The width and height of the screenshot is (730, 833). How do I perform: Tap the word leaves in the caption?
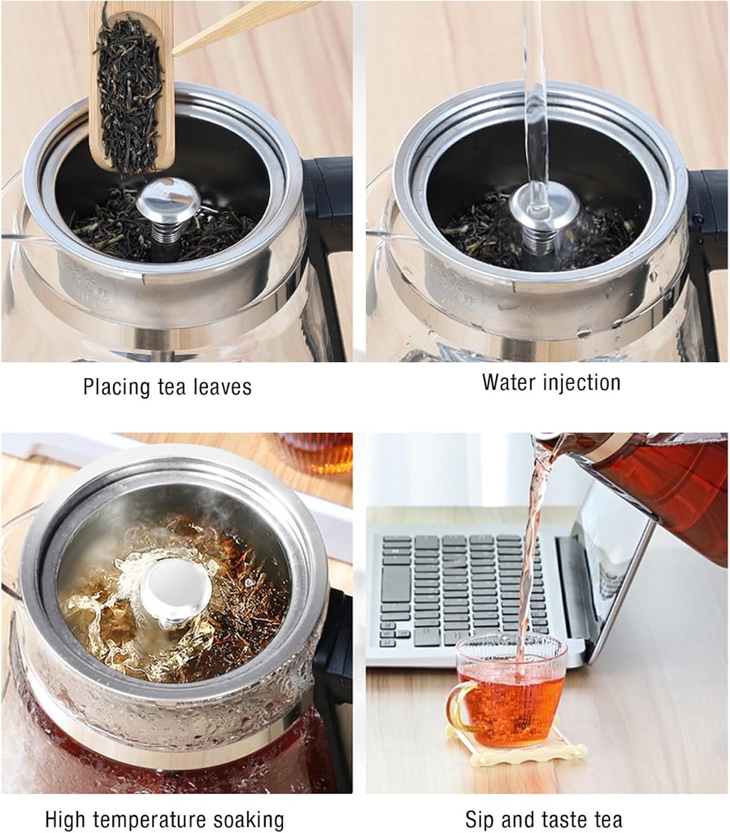pyautogui.click(x=221, y=387)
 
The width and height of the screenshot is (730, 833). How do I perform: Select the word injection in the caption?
pyautogui.click(x=583, y=382)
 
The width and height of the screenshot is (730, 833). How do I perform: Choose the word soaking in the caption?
pyautogui.click(x=246, y=819)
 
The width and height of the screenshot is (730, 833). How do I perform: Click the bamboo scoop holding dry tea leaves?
pyautogui.click(x=129, y=89)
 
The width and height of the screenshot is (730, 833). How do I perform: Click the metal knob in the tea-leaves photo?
pyautogui.click(x=167, y=202)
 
